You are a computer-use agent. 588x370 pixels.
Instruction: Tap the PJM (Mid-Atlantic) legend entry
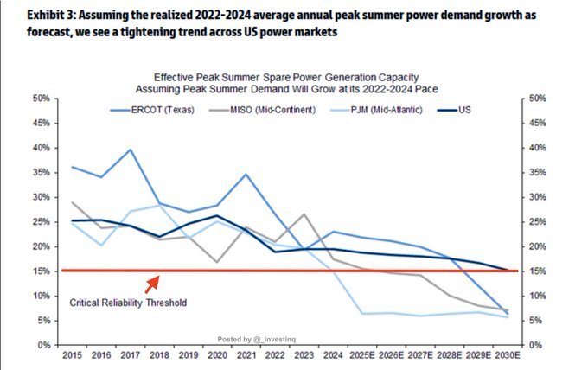point(386,110)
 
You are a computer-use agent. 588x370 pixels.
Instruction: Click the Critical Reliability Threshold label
point(128,303)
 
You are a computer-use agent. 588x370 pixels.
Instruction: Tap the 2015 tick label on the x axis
point(72,355)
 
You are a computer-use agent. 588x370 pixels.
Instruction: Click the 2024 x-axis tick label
point(332,355)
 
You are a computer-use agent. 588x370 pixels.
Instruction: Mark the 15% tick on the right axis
point(535,271)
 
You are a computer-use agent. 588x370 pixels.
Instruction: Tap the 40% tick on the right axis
point(535,148)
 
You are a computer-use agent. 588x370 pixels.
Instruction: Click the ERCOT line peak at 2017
point(130,150)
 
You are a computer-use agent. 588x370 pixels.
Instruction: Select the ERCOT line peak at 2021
point(246,175)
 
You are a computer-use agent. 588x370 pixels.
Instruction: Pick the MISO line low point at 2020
point(217,261)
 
